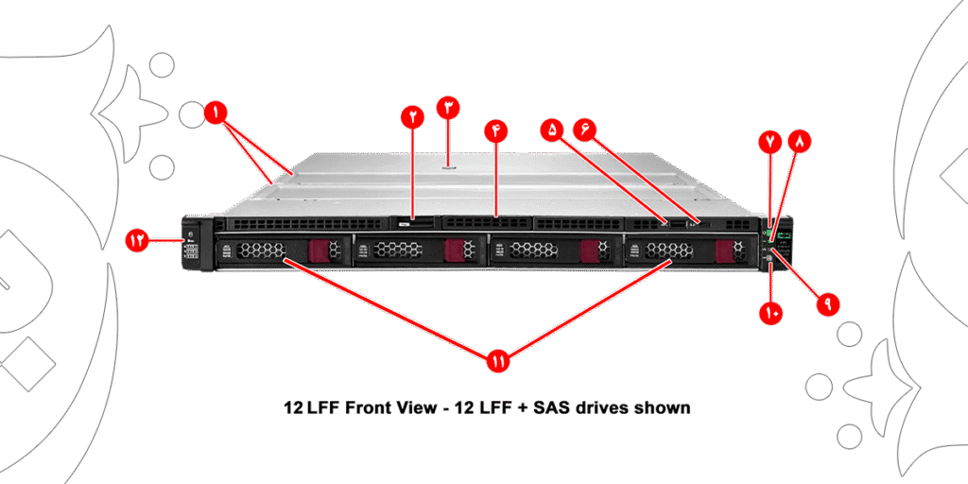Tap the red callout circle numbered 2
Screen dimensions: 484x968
(413, 116)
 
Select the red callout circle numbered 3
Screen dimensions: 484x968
(448, 107)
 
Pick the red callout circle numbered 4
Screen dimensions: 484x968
(495, 130)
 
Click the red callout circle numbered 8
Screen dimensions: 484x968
(801, 142)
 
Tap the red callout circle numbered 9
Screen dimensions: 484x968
(827, 305)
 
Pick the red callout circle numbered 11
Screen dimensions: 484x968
(498, 360)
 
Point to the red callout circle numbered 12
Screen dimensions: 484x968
(140, 240)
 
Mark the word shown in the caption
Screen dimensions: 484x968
(664, 408)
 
